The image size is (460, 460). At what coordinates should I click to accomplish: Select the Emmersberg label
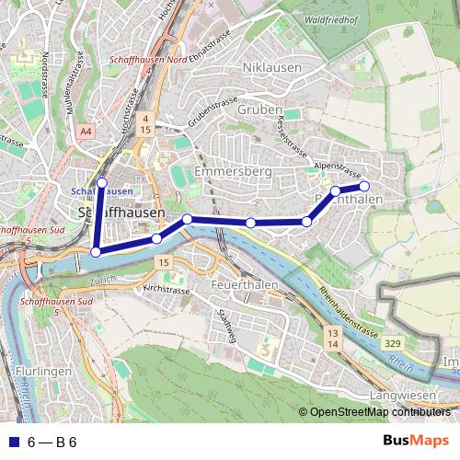tap(234, 172)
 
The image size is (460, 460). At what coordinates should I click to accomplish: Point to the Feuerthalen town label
tap(244, 286)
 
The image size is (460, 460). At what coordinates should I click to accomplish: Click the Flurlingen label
tap(43, 372)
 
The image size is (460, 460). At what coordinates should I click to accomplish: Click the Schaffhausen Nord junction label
tap(148, 59)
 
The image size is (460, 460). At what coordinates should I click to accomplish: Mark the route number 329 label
tap(392, 343)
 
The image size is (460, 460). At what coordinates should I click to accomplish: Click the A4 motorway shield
tap(86, 132)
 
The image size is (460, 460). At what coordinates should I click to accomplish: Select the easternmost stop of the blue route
tap(364, 186)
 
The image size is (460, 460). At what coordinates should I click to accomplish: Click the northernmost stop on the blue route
tap(102, 182)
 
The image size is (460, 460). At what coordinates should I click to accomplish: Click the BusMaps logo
tap(415, 442)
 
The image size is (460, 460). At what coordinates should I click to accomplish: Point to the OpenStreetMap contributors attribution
tap(375, 412)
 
